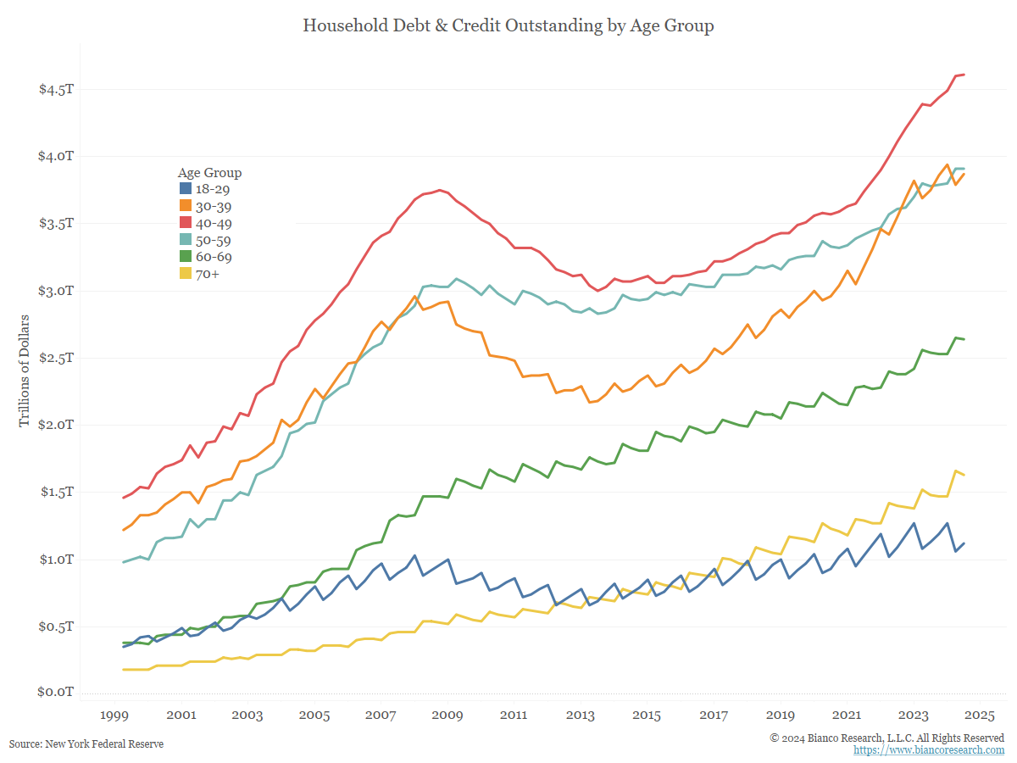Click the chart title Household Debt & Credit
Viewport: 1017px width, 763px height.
(x=508, y=25)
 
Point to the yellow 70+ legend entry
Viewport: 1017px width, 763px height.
(x=200, y=273)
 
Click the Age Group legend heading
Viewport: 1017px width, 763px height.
(x=210, y=173)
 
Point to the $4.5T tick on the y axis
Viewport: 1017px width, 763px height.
(x=56, y=90)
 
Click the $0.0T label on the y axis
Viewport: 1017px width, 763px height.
(x=56, y=693)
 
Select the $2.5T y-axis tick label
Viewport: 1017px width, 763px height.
(x=56, y=358)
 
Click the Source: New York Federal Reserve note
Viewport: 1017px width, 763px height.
(x=86, y=744)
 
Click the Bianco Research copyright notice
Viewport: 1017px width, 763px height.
(x=886, y=738)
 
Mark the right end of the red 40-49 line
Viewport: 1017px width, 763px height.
(x=964, y=75)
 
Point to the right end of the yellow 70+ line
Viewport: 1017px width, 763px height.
(x=964, y=475)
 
